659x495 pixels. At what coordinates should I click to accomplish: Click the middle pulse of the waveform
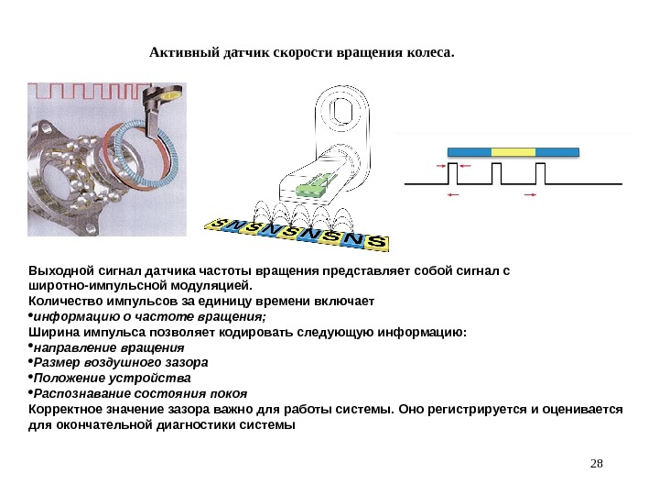[x=498, y=172]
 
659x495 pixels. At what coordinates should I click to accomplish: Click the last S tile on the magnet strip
[x=378, y=243]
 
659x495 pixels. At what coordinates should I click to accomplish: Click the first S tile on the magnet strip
[x=216, y=224]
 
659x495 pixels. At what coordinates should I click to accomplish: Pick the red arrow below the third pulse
[x=529, y=195]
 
